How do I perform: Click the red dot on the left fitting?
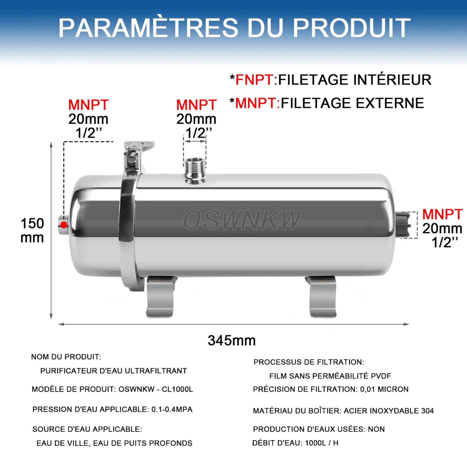point(64,225)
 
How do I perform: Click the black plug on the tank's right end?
point(403,225)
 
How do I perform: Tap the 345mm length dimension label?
point(232,340)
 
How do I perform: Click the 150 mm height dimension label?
point(32,230)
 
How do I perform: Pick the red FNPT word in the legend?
point(254,80)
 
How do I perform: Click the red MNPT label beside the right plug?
point(442,214)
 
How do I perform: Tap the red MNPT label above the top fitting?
point(196,105)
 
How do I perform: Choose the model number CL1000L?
point(177,389)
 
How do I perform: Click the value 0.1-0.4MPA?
point(172,409)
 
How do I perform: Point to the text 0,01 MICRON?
point(384,389)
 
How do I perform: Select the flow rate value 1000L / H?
point(322,443)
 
